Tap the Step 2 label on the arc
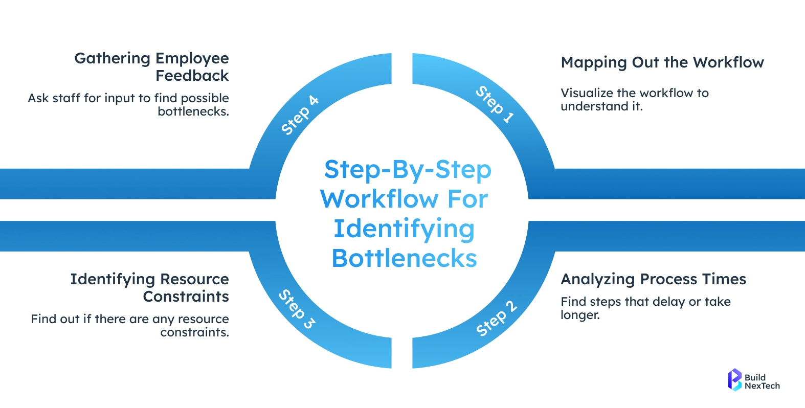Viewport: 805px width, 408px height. coord(496,319)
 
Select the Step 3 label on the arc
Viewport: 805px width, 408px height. coord(297,309)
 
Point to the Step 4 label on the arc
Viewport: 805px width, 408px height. coord(300,115)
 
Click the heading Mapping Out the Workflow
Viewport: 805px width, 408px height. coord(662,62)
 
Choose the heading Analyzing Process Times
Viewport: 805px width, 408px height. coord(653,279)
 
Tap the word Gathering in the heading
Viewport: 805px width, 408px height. coord(113,58)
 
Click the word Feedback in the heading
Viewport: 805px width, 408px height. coord(192,76)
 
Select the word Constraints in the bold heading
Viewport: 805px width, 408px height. coord(186,297)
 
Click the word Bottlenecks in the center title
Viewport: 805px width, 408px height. coord(404,258)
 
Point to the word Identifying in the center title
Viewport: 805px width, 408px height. coord(404,229)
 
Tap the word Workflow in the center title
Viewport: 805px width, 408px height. coord(379,199)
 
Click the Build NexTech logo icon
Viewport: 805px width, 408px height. coord(734,380)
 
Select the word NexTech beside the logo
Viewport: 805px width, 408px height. coord(762,386)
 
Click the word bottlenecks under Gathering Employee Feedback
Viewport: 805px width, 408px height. coord(193,111)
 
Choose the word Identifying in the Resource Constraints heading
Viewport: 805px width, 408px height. coord(113,279)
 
